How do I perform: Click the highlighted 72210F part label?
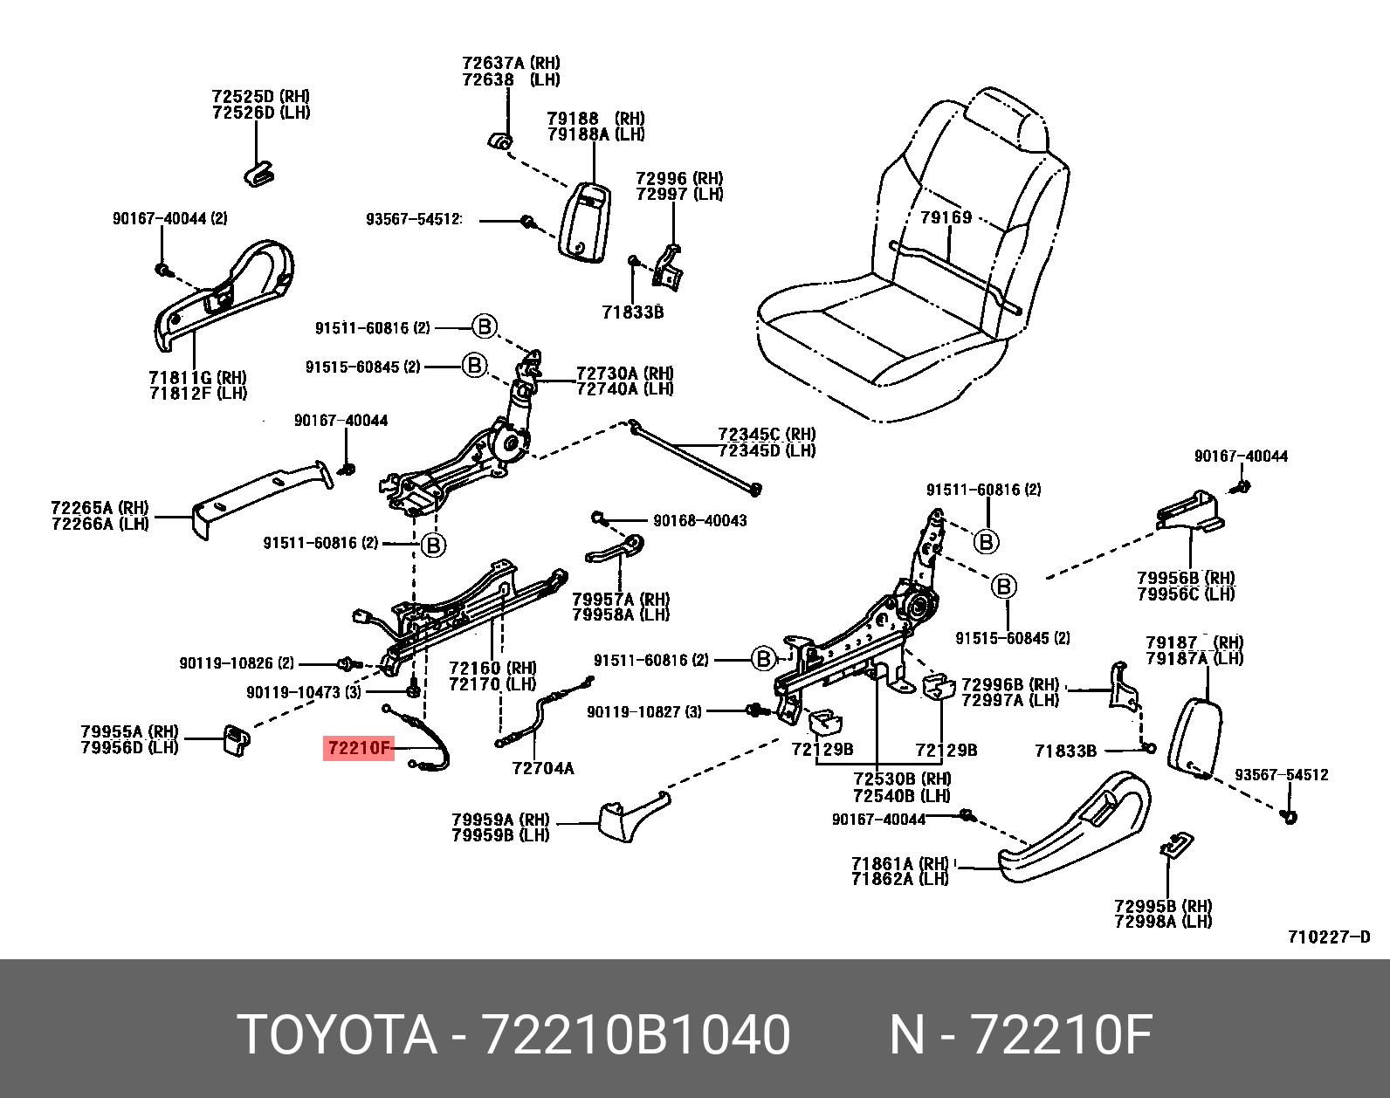click(359, 748)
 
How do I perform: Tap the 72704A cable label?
click(542, 768)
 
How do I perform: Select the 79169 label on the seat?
click(946, 216)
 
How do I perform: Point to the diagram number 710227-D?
click(1329, 937)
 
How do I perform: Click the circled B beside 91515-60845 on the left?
click(473, 365)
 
